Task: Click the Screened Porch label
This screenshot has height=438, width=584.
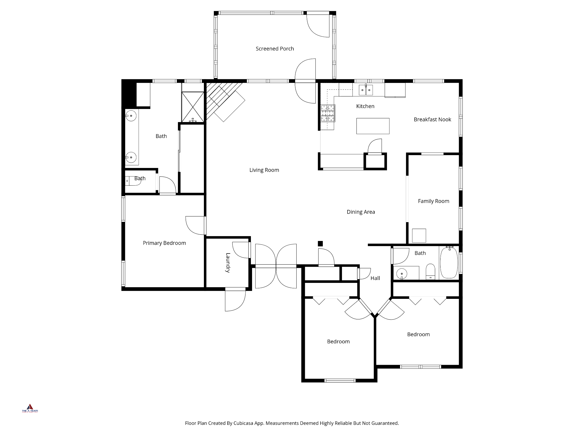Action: [275, 49]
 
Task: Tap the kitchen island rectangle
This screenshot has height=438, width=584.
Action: [373, 126]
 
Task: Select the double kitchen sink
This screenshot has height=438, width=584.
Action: [366, 90]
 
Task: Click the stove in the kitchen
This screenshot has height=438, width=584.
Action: [328, 113]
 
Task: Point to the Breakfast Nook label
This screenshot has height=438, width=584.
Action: [432, 119]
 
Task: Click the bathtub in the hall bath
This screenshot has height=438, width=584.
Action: [449, 263]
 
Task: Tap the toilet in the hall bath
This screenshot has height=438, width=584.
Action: [430, 272]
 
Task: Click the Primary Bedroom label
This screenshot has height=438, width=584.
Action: [164, 243]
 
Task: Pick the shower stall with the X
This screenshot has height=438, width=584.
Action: [193, 107]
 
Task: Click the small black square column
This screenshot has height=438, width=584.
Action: [320, 244]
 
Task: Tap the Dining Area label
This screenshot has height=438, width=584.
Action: [361, 212]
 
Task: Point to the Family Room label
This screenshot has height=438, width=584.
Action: [433, 201]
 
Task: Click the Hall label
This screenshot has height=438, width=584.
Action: [375, 278]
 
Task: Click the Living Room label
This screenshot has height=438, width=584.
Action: [264, 170]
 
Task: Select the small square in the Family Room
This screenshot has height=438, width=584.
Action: [419, 236]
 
